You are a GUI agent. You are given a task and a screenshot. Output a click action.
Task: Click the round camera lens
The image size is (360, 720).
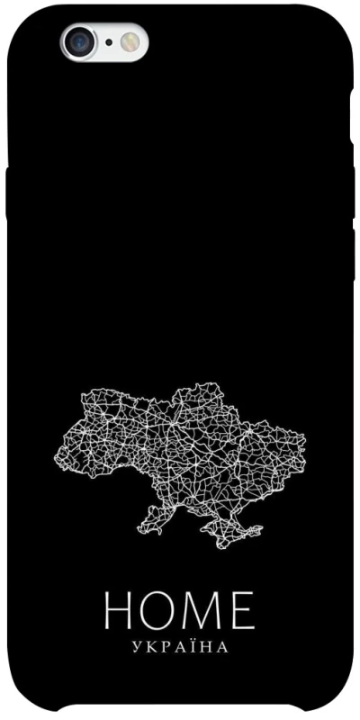click(x=78, y=41)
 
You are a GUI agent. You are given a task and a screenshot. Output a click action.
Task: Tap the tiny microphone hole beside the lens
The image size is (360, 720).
click(x=109, y=41)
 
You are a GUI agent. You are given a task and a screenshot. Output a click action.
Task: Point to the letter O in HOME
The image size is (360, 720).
click(x=161, y=611)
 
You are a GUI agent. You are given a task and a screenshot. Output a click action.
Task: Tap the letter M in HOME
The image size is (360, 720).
click(x=204, y=611)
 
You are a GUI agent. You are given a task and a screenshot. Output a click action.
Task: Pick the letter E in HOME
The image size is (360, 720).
click(x=243, y=611)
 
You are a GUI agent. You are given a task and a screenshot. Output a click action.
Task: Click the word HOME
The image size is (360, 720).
click(x=180, y=611)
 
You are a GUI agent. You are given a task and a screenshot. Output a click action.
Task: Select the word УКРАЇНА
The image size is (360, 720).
click(x=180, y=646)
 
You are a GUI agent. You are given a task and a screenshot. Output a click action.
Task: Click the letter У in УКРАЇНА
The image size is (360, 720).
click(x=135, y=646)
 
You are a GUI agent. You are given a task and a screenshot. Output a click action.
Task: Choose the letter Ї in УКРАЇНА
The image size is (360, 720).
click(x=193, y=645)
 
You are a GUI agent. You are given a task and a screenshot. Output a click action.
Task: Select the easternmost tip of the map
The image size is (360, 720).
click(x=304, y=443)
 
